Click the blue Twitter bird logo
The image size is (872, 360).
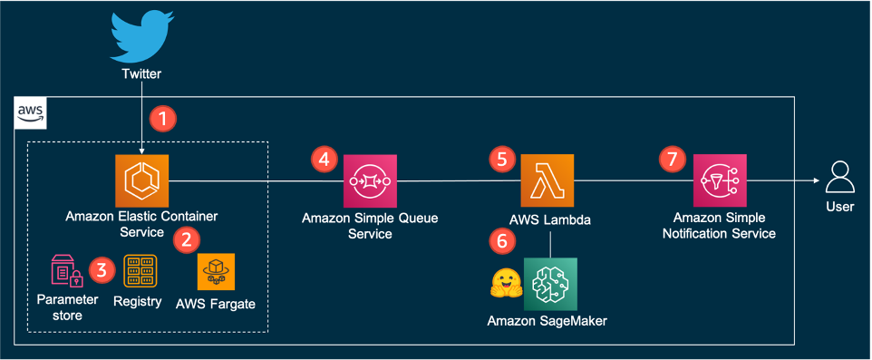pos(140,36)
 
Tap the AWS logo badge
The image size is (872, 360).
pos(30,113)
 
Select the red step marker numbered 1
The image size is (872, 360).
pos(162,119)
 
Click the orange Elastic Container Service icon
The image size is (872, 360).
pos(141,180)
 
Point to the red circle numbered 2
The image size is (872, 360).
pos(187,239)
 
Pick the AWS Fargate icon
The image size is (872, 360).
pos(217,271)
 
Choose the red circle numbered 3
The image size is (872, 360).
pos(102,270)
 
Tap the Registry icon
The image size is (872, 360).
pos(140,271)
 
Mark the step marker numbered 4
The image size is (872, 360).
pos(324,160)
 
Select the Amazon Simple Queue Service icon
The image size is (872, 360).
pos(371,180)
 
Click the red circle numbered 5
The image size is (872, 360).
pos(501,160)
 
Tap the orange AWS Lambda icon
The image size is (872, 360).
pos(547,180)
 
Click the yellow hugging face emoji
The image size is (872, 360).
pos(506,283)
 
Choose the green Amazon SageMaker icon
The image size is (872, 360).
pos(550,284)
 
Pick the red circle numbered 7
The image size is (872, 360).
pos(672,160)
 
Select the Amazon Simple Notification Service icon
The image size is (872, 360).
pos(720,180)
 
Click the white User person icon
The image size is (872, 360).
pos(839,178)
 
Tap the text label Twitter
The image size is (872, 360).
pos(141,74)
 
